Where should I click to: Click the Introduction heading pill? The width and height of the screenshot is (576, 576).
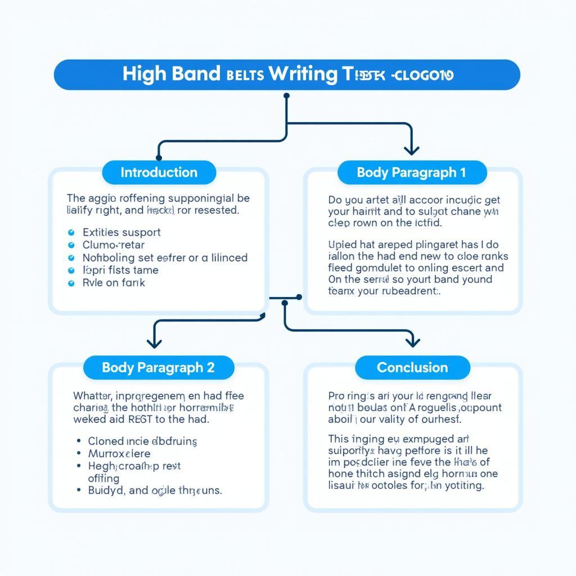tap(159, 173)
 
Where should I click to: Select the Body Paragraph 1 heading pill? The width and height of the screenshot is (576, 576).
tap(411, 173)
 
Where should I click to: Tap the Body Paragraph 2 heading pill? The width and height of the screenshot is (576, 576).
tap(158, 368)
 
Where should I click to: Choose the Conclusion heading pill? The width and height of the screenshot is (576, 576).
tap(412, 368)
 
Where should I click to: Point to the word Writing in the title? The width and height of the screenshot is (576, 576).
tap(303, 74)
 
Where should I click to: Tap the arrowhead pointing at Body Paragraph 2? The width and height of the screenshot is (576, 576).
tap(154, 343)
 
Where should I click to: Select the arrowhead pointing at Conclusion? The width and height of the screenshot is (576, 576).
tap(413, 341)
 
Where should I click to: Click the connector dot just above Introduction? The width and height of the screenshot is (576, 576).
tap(159, 158)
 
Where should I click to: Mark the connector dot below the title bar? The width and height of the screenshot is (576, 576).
tap(286, 96)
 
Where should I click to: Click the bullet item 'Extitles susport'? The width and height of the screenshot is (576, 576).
tap(121, 232)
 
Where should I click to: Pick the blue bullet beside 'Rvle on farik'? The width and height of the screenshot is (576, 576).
tap(71, 283)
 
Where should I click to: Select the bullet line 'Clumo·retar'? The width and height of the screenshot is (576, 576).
tap(113, 245)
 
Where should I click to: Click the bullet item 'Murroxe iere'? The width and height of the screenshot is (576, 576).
tap(119, 453)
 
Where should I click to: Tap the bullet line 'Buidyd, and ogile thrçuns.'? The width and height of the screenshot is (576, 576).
tap(155, 490)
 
